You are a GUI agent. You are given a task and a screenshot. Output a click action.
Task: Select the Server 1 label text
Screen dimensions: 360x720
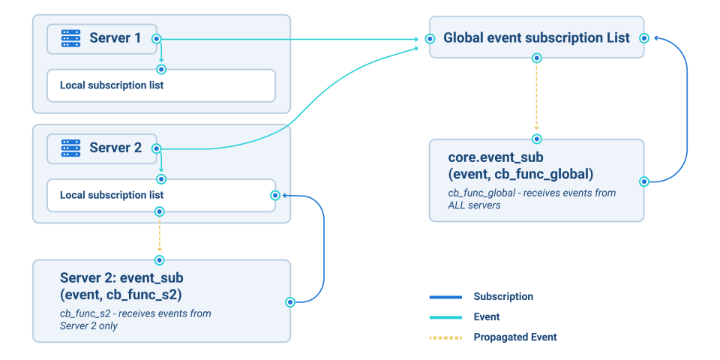click(x=115, y=38)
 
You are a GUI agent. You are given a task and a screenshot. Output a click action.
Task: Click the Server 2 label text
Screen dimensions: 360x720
click(x=115, y=148)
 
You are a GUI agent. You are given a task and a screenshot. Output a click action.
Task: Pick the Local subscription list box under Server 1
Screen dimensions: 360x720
click(x=160, y=85)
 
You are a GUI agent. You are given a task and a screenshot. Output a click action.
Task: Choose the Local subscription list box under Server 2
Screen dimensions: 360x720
click(x=160, y=195)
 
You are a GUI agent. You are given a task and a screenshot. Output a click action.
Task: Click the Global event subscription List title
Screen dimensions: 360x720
click(x=536, y=38)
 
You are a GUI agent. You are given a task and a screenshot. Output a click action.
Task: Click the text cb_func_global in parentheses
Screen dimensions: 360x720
click(x=547, y=175)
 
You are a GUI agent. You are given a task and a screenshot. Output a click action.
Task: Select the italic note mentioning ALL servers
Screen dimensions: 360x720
click(x=532, y=199)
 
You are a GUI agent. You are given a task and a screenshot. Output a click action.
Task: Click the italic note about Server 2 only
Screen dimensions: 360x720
click(x=135, y=319)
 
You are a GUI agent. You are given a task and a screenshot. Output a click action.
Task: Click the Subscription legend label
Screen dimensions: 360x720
click(x=503, y=296)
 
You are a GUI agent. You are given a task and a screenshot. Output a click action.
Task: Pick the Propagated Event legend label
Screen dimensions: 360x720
click(x=515, y=337)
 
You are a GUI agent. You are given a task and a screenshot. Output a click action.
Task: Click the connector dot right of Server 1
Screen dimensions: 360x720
click(x=156, y=38)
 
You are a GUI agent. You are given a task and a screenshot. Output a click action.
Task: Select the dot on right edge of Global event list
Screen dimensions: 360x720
click(x=644, y=38)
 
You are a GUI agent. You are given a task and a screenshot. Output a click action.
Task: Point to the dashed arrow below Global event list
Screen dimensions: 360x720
click(x=536, y=97)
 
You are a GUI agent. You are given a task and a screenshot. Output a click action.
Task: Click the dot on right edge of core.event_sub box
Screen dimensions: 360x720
click(x=643, y=181)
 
